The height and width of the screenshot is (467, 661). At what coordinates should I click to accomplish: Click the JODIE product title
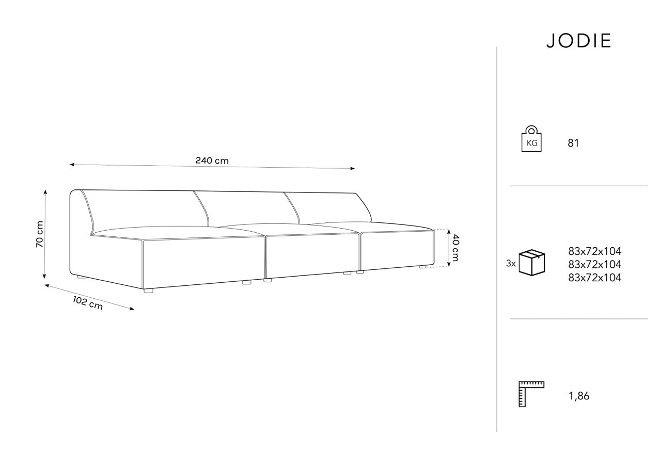tap(578, 41)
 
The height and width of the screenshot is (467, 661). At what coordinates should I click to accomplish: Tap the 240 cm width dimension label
tap(212, 160)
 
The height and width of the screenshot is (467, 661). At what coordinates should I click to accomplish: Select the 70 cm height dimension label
tap(40, 234)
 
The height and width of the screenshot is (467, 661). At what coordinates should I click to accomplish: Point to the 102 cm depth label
tap(88, 303)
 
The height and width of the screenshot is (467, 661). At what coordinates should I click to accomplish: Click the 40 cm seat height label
tap(455, 248)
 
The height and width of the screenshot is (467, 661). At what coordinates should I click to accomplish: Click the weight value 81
tap(573, 143)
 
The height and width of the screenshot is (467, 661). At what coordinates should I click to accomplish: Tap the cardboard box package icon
tap(532, 263)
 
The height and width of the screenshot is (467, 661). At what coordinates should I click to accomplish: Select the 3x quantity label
tap(511, 263)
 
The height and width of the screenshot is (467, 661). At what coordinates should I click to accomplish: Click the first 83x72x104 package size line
tap(594, 251)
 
